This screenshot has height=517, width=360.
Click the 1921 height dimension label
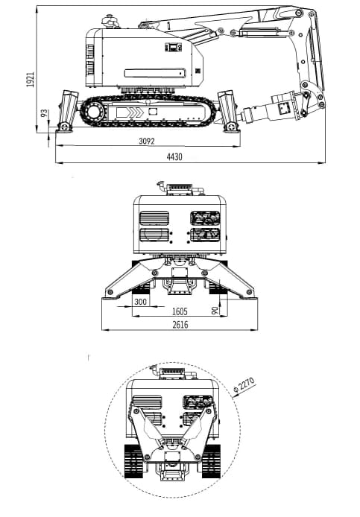pyautogui.click(x=31, y=80)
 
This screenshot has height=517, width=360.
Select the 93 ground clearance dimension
pyautogui.click(x=44, y=114)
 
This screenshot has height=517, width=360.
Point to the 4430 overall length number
pyautogui.click(x=174, y=156)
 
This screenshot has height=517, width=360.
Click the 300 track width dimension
pyautogui.click(x=141, y=302)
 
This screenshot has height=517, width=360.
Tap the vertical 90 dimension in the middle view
pyautogui.click(x=215, y=310)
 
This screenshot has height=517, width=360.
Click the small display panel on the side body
pyautogui.click(x=173, y=48)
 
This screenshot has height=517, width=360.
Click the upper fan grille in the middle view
pyautogui.click(x=205, y=218)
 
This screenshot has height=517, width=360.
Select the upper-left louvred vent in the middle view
pyautogui.click(x=154, y=218)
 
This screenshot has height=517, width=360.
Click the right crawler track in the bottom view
pyautogui.click(x=212, y=462)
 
